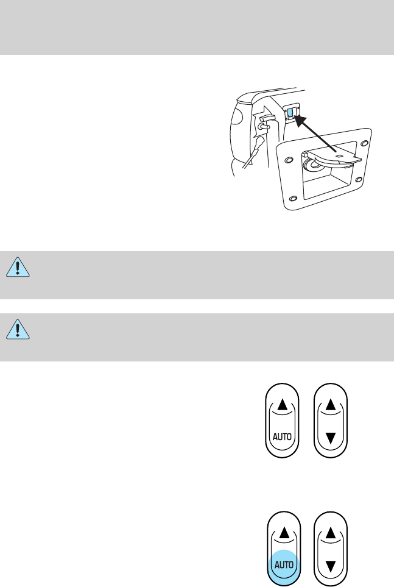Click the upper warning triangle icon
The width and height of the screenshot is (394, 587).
click(x=19, y=266)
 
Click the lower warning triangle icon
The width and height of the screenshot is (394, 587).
click(x=19, y=330)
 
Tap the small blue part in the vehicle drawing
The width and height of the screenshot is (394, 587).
click(x=290, y=113)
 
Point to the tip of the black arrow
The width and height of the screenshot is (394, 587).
click(x=296, y=117)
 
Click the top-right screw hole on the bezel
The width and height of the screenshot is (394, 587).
click(x=364, y=143)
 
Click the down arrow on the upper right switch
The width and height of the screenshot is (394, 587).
click(x=329, y=437)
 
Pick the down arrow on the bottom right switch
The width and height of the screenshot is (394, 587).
click(x=329, y=564)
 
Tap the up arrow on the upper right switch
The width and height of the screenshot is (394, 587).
click(x=329, y=404)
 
